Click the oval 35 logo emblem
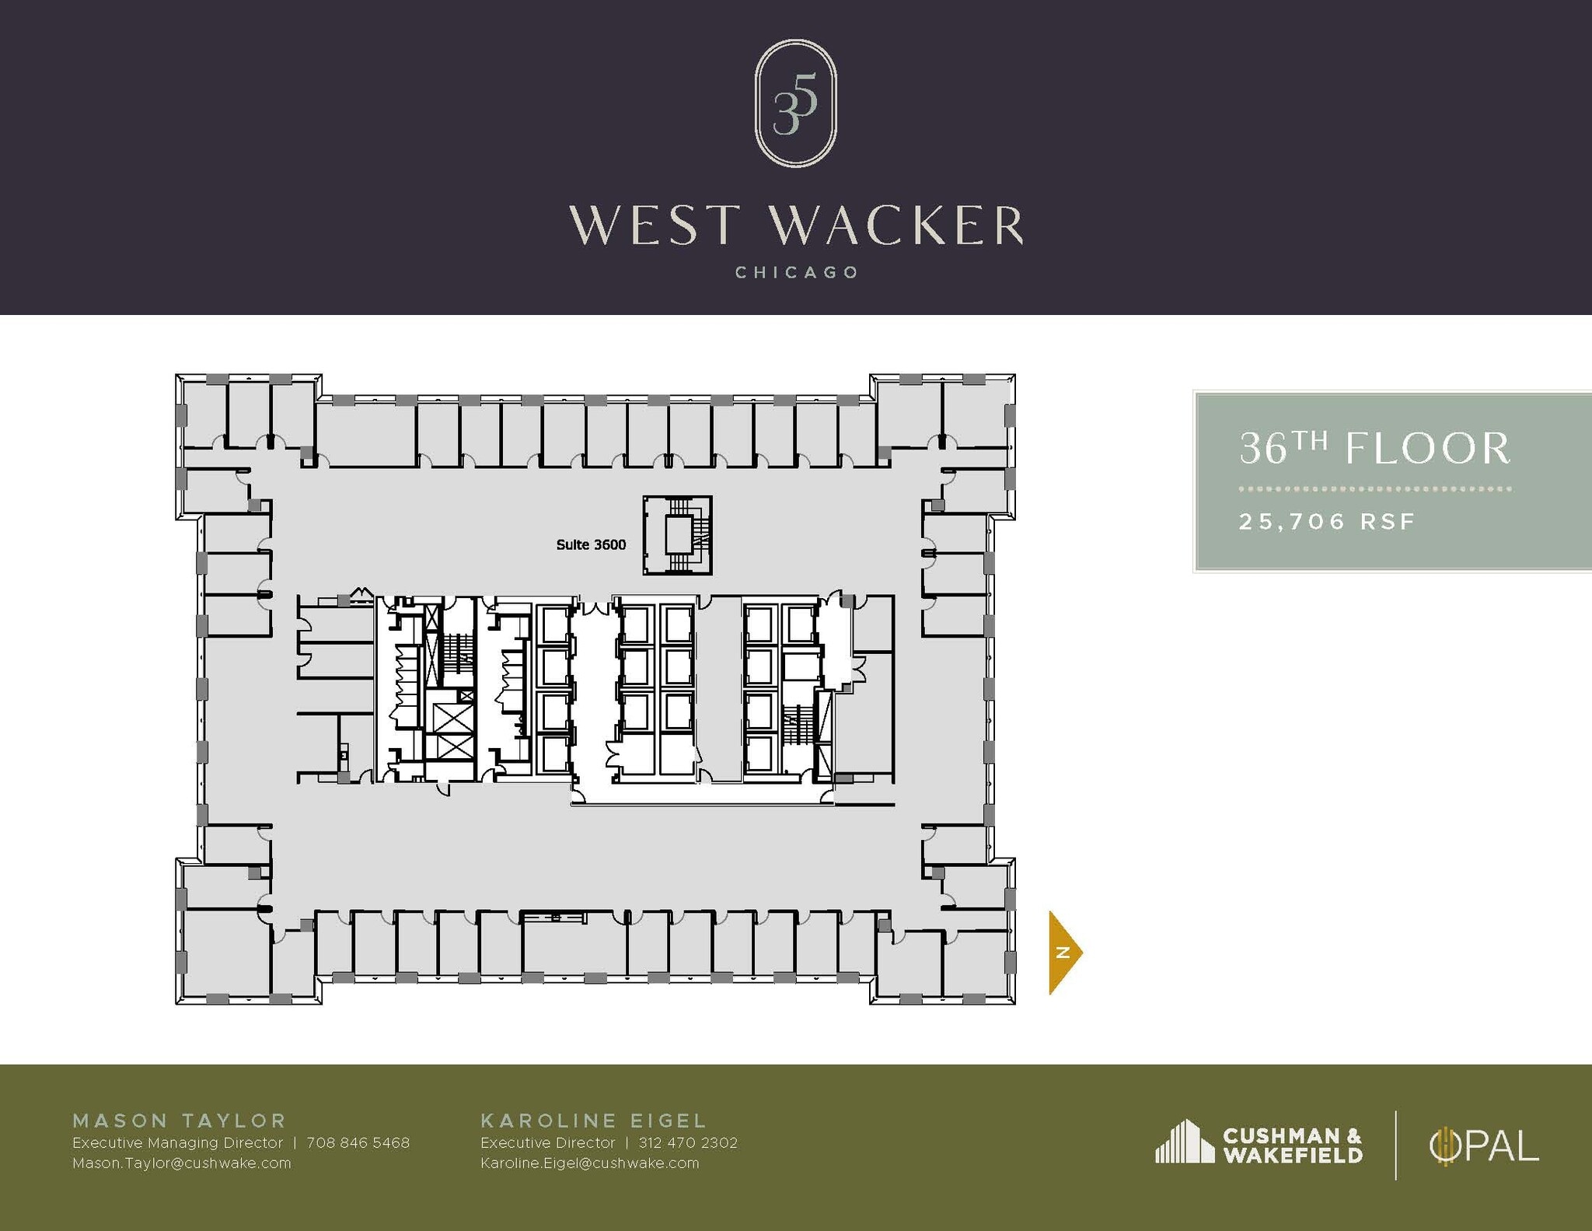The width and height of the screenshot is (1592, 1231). (x=795, y=103)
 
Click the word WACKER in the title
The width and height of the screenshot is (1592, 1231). (x=896, y=226)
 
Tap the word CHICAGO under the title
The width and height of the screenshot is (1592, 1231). (x=796, y=273)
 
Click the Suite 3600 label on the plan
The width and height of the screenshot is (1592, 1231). (x=591, y=545)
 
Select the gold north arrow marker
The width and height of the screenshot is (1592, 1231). (x=1064, y=952)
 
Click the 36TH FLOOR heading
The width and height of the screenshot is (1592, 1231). (x=1374, y=449)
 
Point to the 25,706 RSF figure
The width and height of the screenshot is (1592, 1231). (x=1327, y=521)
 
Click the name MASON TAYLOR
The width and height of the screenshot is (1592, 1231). (x=180, y=1121)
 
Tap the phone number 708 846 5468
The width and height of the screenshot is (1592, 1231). (x=358, y=1142)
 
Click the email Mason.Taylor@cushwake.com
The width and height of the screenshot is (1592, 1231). (x=181, y=1163)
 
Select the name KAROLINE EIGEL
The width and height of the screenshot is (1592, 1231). (x=593, y=1121)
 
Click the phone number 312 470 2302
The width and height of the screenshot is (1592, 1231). (x=687, y=1142)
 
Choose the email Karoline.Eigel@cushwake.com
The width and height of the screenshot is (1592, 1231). (x=589, y=1163)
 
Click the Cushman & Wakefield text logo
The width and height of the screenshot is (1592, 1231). (x=1292, y=1145)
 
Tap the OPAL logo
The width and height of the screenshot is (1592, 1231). (x=1483, y=1146)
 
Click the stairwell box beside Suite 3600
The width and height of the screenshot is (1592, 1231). (x=677, y=535)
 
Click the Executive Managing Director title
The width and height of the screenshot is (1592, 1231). (x=177, y=1142)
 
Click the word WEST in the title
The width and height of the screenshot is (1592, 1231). (x=653, y=226)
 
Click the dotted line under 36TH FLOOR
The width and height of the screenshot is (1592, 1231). (x=1374, y=489)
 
